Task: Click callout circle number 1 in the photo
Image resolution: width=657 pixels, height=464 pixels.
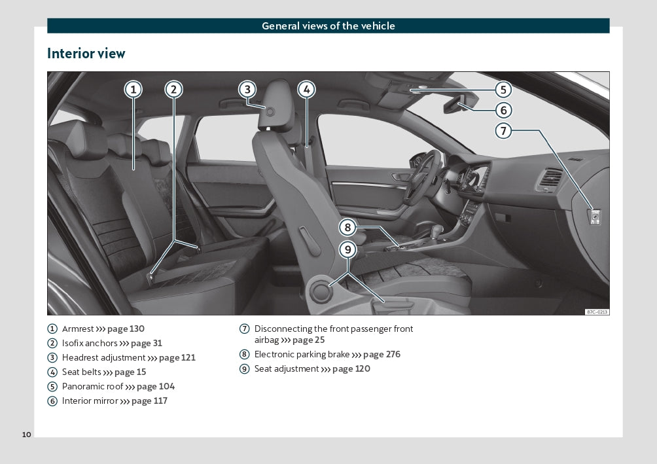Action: (x=133, y=90)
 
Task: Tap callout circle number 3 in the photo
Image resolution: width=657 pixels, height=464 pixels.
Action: (x=247, y=90)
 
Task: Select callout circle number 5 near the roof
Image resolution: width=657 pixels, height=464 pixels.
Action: (x=503, y=90)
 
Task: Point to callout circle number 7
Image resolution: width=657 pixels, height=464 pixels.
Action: (x=503, y=131)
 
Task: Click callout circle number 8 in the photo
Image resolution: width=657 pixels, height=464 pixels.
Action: (x=347, y=228)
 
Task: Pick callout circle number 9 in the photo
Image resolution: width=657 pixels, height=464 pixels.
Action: (x=347, y=249)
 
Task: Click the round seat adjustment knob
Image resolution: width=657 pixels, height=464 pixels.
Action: (x=321, y=291)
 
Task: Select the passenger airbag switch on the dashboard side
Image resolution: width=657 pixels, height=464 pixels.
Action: (x=594, y=216)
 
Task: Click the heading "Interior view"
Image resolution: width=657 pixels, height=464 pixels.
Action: (x=86, y=54)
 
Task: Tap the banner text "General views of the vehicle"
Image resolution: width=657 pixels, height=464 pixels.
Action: (x=328, y=26)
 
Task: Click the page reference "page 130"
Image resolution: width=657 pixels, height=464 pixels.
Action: (x=126, y=329)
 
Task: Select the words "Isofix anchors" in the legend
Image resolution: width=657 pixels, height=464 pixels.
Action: (x=90, y=344)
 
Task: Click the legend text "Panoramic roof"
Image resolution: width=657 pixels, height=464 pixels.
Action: (x=92, y=387)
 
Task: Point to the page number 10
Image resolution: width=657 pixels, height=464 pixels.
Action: (x=26, y=435)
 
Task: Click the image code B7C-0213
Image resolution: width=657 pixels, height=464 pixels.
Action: (x=597, y=312)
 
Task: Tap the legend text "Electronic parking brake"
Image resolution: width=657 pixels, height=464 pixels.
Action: (x=302, y=355)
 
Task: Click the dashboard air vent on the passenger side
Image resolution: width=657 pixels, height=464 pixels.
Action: (x=550, y=179)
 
